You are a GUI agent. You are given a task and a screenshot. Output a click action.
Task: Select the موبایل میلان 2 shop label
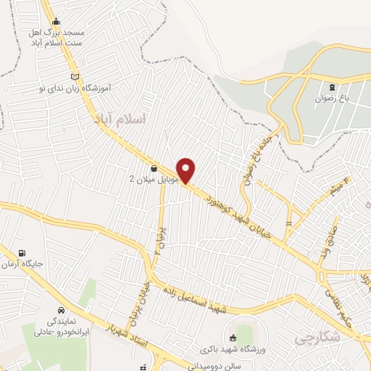[x=143, y=179]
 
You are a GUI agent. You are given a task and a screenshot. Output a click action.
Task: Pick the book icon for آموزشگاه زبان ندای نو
[x=75, y=75]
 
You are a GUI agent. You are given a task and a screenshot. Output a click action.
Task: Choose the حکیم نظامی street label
[x=353, y=299]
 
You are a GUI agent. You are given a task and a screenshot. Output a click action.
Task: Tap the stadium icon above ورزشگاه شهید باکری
[x=233, y=338]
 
